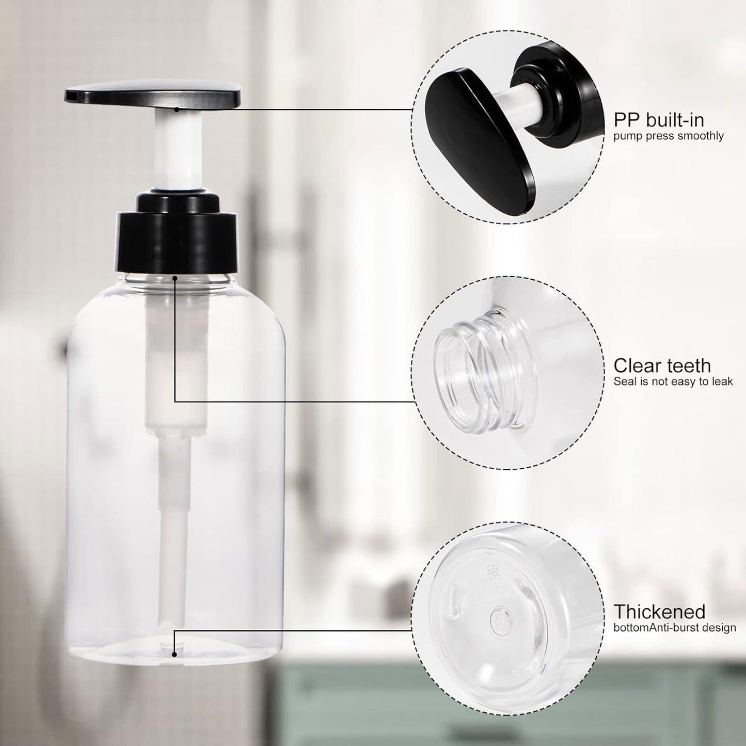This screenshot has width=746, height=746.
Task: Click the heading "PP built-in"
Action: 658,120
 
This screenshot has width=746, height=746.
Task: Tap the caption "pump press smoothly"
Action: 668,136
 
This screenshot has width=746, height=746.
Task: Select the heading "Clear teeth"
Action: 662,366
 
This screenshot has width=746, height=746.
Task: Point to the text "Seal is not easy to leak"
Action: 673,382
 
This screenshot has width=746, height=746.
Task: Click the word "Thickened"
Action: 659,612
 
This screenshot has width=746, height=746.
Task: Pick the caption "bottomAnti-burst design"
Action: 674,628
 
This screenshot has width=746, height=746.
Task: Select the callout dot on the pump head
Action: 176,109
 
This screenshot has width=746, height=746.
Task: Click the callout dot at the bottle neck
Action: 176,278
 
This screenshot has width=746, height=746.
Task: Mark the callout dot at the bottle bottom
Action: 175,654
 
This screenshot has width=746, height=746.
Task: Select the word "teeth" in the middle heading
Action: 688,366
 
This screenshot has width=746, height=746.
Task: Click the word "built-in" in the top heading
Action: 677,120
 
